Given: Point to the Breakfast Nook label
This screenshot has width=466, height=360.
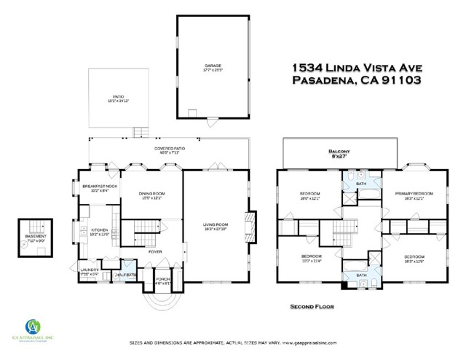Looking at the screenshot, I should point(100,187).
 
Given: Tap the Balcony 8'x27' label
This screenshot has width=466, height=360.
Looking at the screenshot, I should point(340,154).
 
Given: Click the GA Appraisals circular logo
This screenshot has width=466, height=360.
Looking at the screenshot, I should point(34,326).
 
